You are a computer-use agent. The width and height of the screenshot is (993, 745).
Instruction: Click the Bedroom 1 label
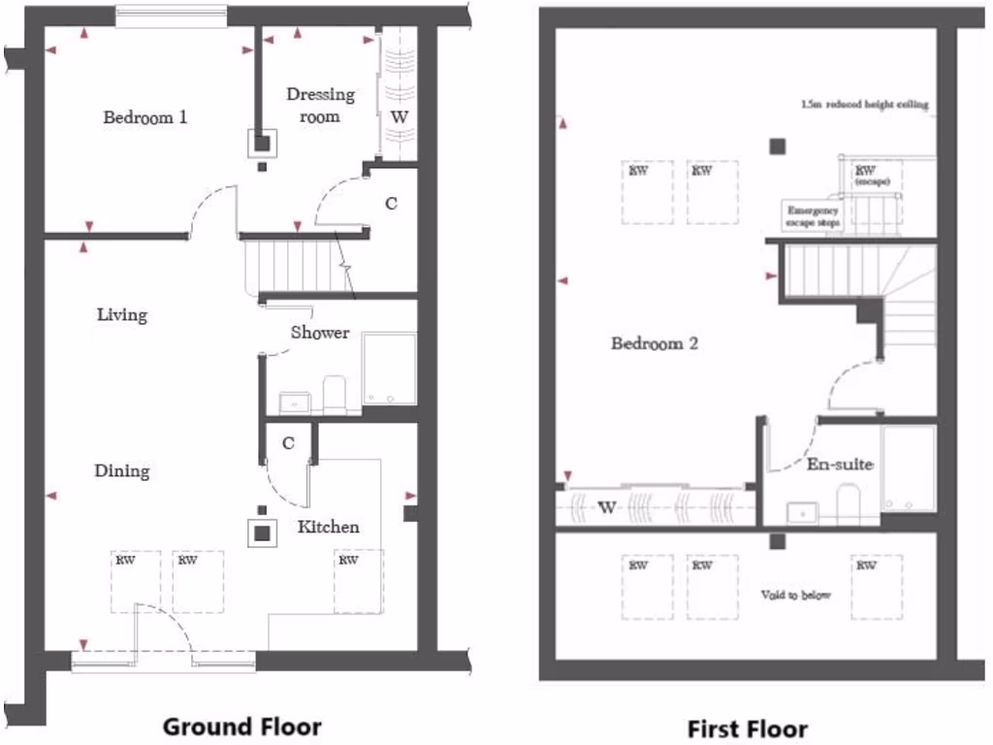tap(145, 117)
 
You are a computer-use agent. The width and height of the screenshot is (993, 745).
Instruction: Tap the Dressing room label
tap(320, 105)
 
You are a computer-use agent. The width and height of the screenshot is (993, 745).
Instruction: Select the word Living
tap(122, 314)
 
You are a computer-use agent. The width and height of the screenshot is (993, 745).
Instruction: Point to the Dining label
tap(122, 470)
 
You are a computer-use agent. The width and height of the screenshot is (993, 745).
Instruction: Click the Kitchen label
tap(328, 527)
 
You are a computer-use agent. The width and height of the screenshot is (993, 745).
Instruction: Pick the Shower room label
tap(320, 332)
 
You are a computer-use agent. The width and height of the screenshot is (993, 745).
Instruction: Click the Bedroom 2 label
tap(655, 342)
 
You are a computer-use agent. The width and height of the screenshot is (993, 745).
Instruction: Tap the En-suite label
tap(840, 464)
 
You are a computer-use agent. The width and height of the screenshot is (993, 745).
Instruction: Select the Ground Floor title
tap(241, 726)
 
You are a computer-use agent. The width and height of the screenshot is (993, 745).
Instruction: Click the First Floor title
tap(747, 728)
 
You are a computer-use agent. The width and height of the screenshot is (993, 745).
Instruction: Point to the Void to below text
tap(796, 595)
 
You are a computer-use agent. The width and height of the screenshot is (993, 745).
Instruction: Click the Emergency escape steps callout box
tap(812, 215)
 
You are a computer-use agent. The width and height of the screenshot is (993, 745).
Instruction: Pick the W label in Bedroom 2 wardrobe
tap(607, 505)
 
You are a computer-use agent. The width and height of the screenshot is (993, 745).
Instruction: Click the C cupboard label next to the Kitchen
tap(288, 442)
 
